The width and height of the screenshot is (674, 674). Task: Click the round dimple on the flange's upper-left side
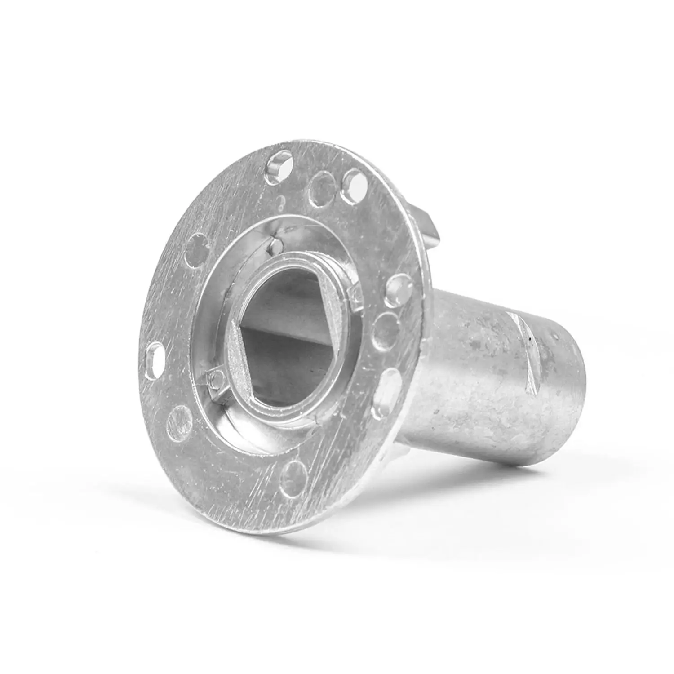point(197,246)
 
